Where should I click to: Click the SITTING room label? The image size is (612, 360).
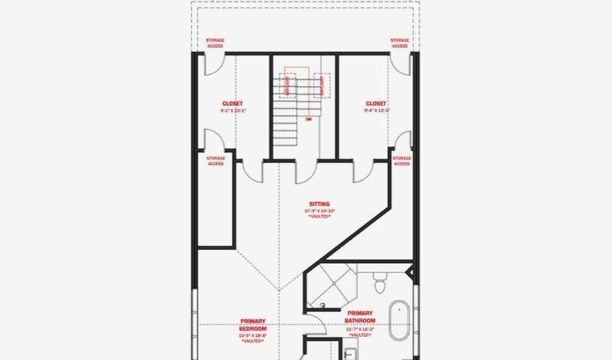point(319,203)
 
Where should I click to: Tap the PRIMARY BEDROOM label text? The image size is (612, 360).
point(252,324)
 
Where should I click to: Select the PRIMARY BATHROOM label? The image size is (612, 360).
point(360,317)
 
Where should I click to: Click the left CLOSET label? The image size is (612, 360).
point(233,103)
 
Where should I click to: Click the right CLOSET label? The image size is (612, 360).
point(375,103)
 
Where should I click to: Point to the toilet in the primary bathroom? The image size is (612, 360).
point(380,279)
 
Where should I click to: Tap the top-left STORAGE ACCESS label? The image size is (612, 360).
point(215,43)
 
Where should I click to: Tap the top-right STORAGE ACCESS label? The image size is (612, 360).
point(400,43)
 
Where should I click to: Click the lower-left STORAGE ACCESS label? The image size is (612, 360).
point(216,161)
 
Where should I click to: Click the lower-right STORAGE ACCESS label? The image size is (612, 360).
point(401,161)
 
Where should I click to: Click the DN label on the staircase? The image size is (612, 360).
point(308,119)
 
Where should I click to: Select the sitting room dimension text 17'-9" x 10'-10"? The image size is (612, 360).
point(319,211)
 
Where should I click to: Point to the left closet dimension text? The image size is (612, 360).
point(233,110)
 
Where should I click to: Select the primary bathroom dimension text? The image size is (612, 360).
point(360,329)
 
